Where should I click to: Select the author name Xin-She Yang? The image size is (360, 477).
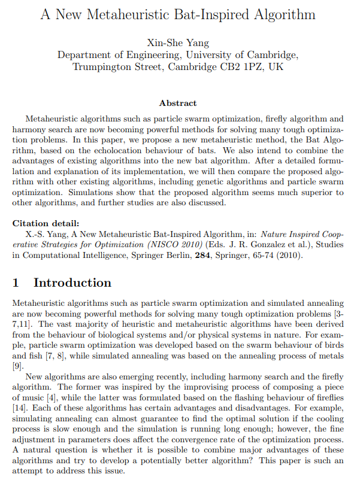[x=180, y=42]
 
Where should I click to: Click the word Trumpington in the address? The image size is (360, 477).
[x=104, y=67]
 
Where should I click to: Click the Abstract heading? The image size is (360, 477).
[x=178, y=104]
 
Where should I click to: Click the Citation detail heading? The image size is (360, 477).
[x=45, y=223]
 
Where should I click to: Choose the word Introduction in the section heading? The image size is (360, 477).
[x=72, y=283]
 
